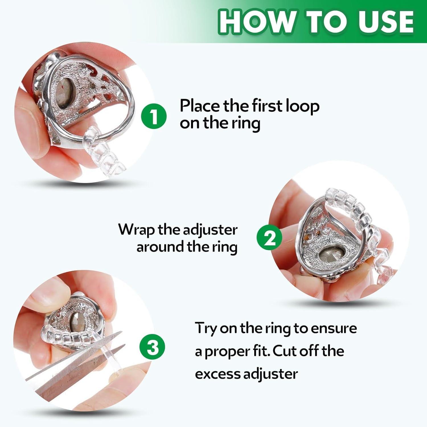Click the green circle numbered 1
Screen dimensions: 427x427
[x=154, y=116]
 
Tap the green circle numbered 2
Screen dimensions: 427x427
[x=269, y=238]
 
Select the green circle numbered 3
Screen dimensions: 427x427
[x=153, y=347]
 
